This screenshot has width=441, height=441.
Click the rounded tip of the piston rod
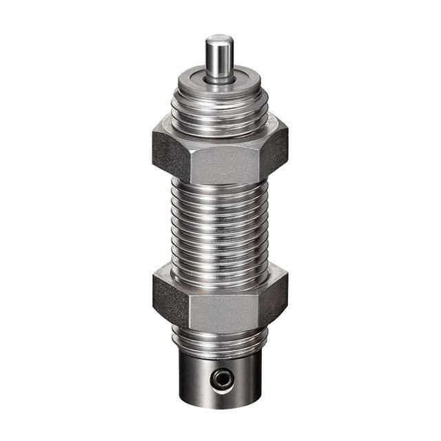pos(219,39)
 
